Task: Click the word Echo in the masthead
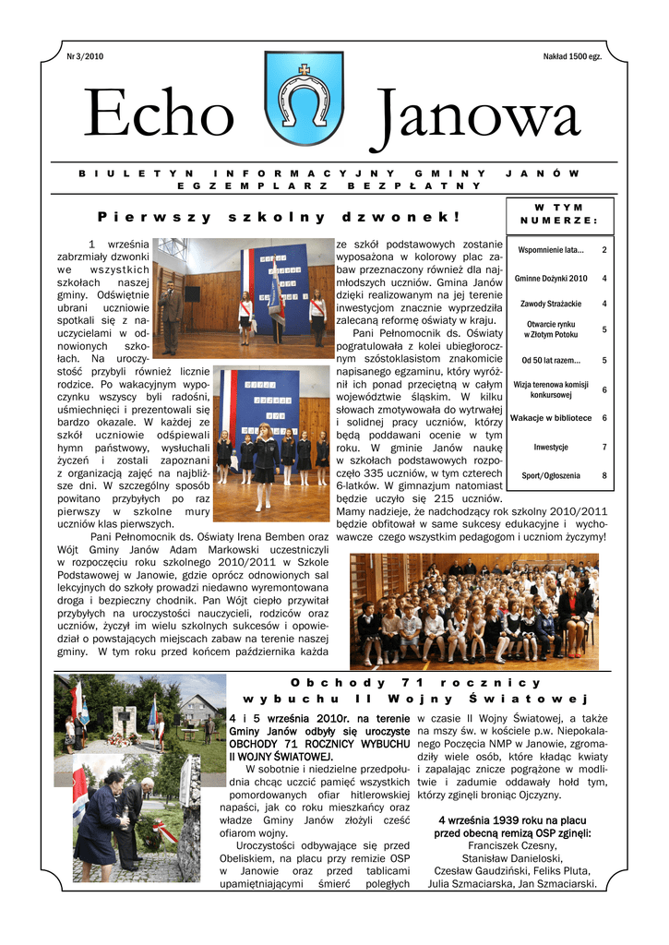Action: point(159,117)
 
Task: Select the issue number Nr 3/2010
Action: point(85,58)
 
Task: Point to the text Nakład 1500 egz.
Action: point(572,58)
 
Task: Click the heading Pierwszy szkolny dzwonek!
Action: point(278,217)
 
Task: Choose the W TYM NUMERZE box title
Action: point(558,213)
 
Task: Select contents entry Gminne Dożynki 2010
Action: point(551,278)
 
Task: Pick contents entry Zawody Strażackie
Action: point(550,304)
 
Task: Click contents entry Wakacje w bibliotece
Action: point(551,418)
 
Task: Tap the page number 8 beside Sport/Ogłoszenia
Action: point(604,475)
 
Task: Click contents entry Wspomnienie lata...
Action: point(551,250)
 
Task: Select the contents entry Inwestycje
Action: point(551,447)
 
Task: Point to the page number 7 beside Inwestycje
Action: point(604,447)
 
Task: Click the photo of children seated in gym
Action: point(474,610)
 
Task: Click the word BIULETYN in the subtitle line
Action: point(136,173)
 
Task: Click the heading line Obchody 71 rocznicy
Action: point(414,683)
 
